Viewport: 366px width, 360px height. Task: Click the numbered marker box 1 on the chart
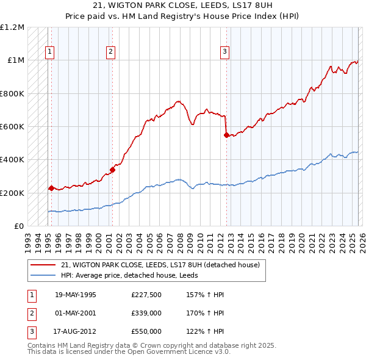49,52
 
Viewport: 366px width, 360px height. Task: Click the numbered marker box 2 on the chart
110,52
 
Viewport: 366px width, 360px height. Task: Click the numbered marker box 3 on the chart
224,52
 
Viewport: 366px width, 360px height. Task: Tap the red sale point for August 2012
226,135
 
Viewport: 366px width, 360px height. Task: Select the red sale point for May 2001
112,170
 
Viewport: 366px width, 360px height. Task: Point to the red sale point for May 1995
51,189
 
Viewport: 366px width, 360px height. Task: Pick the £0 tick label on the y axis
18,226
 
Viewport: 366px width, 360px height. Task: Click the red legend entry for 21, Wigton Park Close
160,265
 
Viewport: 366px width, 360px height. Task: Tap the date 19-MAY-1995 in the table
75,295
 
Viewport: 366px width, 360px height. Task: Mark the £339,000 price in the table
146,313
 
